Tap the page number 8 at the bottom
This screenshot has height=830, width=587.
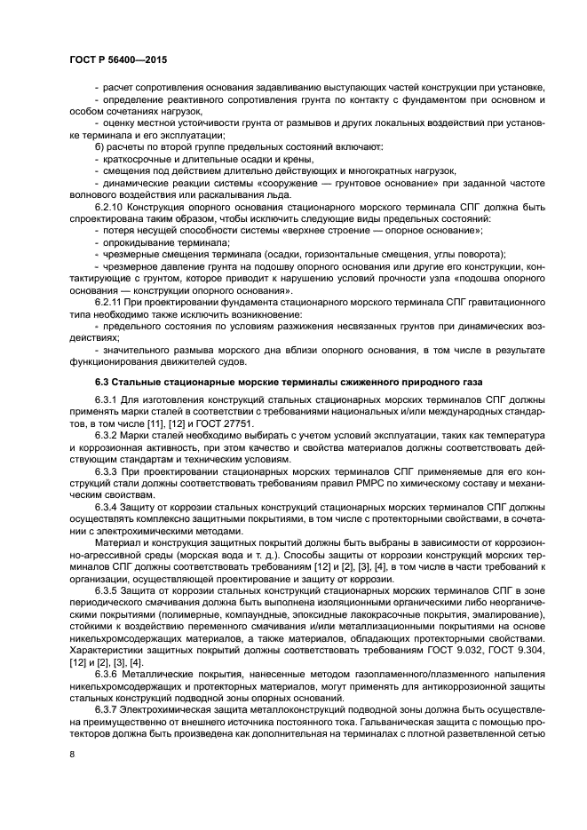(72, 754)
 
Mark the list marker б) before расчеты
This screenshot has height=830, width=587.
(99, 145)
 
